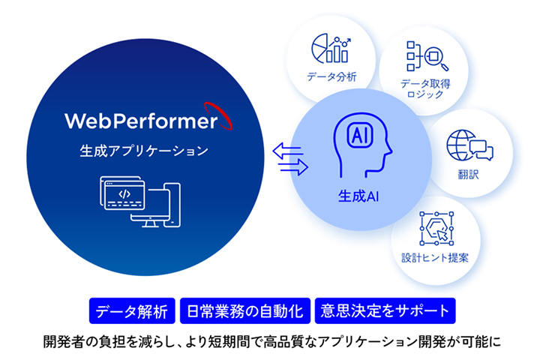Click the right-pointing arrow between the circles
coord(291,169)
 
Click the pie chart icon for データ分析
coord(330,48)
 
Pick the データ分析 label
coord(331,76)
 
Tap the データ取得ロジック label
coord(425,88)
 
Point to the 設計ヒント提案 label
coord(436,258)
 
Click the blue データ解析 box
coord(133,310)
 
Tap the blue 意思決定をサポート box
coord(384,310)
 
